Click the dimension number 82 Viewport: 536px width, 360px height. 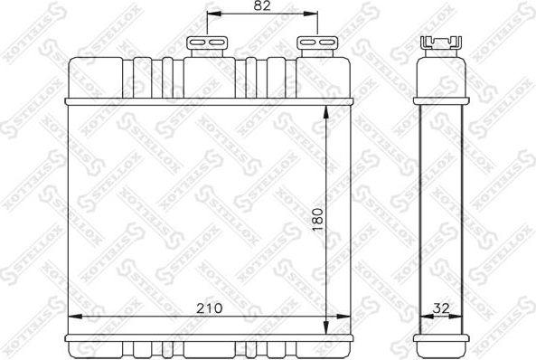261,6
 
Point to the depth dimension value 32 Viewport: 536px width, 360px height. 442,308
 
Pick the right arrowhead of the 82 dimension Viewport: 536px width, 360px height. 313,16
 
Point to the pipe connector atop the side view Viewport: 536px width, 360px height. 440,44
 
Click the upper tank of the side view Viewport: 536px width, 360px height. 440,77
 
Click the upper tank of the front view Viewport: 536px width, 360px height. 207,77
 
